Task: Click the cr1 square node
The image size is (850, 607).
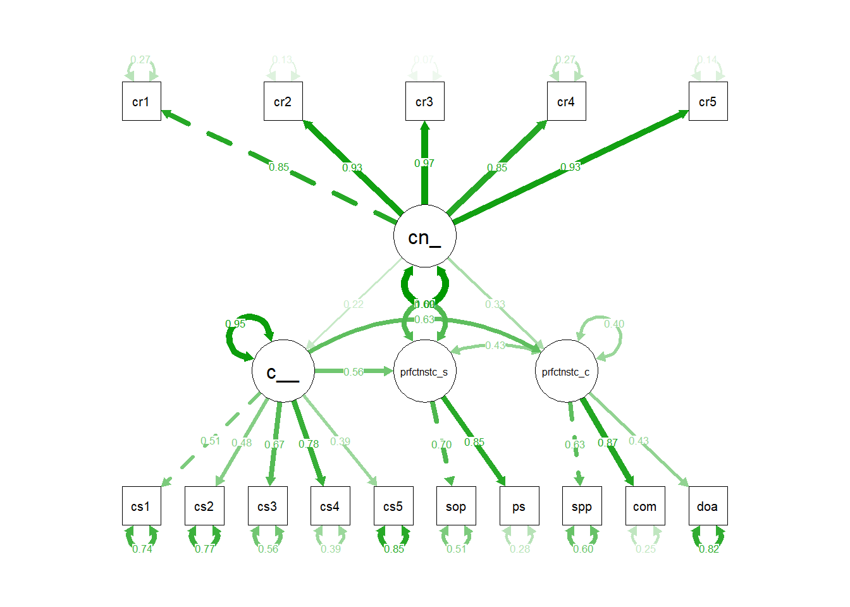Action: click(x=141, y=101)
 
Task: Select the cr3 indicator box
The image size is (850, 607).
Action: click(x=424, y=101)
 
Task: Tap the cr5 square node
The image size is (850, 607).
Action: click(x=708, y=101)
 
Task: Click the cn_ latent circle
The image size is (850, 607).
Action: click(x=424, y=236)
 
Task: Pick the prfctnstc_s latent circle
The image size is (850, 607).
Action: click(x=424, y=371)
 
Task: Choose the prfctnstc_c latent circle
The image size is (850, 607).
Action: click(x=566, y=371)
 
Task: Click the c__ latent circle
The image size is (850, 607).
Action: click(x=283, y=371)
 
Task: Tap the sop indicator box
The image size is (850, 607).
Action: click(x=455, y=506)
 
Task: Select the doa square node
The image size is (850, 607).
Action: click(x=708, y=506)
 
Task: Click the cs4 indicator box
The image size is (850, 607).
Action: click(x=330, y=506)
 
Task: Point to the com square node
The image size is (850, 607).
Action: click(x=644, y=506)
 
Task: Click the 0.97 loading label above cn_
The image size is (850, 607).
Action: click(x=424, y=163)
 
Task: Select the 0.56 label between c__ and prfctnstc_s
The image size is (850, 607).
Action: click(x=354, y=372)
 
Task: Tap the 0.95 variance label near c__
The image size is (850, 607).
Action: click(x=235, y=324)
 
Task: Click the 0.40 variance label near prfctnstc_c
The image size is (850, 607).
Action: click(x=613, y=324)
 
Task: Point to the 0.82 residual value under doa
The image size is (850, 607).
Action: click(x=709, y=549)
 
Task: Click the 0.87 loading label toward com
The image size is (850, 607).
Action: click(x=607, y=443)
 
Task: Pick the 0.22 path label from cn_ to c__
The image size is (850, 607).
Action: click(x=354, y=305)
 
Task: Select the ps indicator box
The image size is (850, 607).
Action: click(x=519, y=506)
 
